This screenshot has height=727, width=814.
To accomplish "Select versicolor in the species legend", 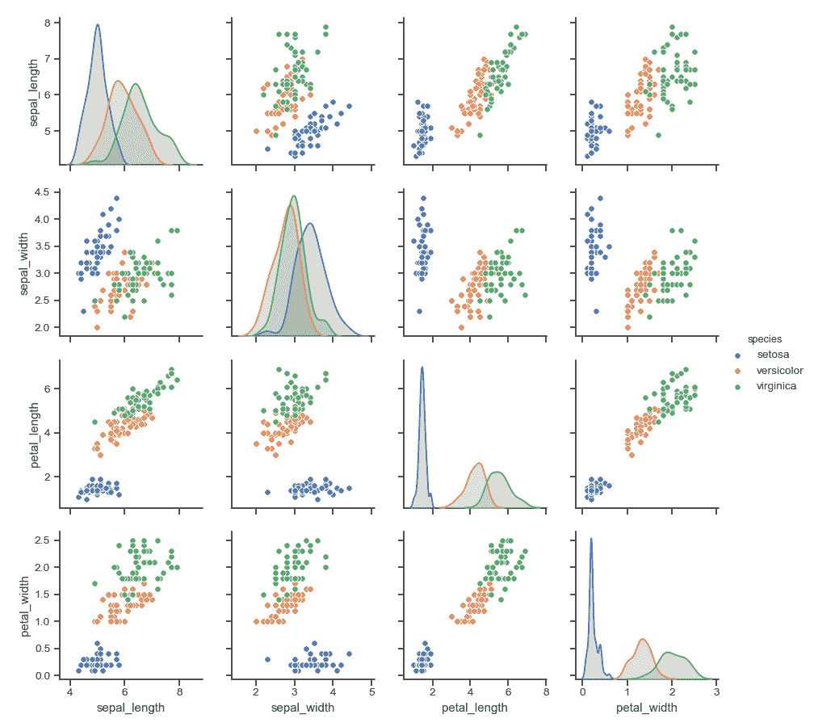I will tap(778, 370).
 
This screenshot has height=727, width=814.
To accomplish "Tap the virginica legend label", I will tap(776, 386).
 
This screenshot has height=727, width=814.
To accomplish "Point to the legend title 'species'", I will tap(763, 338).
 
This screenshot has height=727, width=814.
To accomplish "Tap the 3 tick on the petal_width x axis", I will tap(716, 692).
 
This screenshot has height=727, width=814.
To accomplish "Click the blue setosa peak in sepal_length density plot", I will tap(98, 25).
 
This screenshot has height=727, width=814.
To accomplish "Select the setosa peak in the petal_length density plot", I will tap(422, 368).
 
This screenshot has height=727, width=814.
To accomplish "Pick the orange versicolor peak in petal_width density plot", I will tap(643, 640).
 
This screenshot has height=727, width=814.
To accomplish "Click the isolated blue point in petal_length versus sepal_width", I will tap(267, 492).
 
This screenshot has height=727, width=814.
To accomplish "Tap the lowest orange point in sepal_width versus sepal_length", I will tap(97, 327).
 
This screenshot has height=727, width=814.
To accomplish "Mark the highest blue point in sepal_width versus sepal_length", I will tap(116, 198).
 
